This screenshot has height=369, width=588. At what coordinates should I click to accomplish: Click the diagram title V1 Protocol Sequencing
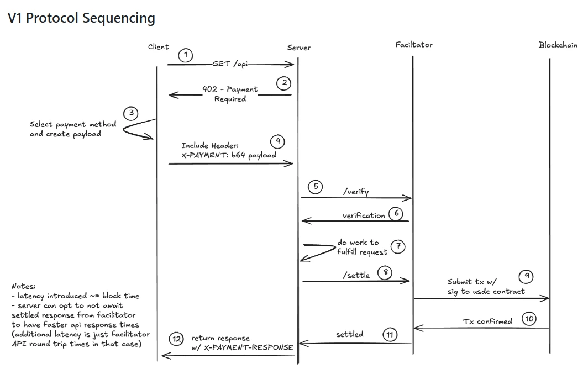(x=81, y=18)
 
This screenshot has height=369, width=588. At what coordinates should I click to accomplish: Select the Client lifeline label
(x=158, y=47)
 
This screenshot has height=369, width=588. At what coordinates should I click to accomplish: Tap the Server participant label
(x=298, y=48)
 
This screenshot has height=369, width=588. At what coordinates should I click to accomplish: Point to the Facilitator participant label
(x=414, y=44)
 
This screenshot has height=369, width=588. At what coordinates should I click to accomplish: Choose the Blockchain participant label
(x=558, y=45)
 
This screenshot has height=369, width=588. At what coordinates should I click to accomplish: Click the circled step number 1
(x=186, y=55)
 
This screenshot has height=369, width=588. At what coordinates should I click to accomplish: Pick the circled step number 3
(x=131, y=113)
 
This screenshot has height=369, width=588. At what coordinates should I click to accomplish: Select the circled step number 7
(x=398, y=246)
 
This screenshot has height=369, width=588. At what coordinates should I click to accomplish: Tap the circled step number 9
(x=527, y=275)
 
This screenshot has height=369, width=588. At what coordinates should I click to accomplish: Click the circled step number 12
(x=176, y=339)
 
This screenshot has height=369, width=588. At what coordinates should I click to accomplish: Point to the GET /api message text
(x=230, y=65)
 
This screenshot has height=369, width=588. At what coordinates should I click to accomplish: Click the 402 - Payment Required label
(x=230, y=94)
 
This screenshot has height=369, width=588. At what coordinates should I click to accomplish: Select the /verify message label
(x=356, y=192)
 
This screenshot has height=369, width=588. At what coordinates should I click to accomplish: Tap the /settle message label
(x=356, y=275)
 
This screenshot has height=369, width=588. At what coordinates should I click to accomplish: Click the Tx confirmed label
(x=487, y=321)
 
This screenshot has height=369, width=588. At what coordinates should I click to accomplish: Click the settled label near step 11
(x=350, y=334)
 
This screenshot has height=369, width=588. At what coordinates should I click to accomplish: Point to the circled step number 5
(x=316, y=187)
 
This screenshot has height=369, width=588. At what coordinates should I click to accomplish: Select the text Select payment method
(x=73, y=124)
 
